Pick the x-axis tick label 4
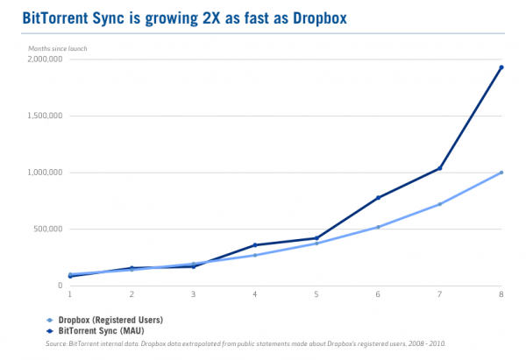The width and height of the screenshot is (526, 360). coord(254,294)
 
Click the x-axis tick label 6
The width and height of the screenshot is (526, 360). coord(378,294)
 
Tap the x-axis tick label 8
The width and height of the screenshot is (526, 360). coord(501,294)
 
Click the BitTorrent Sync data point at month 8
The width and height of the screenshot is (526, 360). coord(501,67)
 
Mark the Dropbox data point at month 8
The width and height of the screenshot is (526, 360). coord(501,173)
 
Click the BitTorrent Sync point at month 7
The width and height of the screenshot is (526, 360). coord(439,168)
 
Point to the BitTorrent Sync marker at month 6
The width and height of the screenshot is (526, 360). coord(378,198)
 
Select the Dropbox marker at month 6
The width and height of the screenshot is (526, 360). coord(378,227)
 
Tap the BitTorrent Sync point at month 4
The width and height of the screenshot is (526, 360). coord(254,245)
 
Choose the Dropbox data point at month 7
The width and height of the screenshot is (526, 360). coord(439,204)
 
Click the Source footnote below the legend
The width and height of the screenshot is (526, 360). coord(245,344)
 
